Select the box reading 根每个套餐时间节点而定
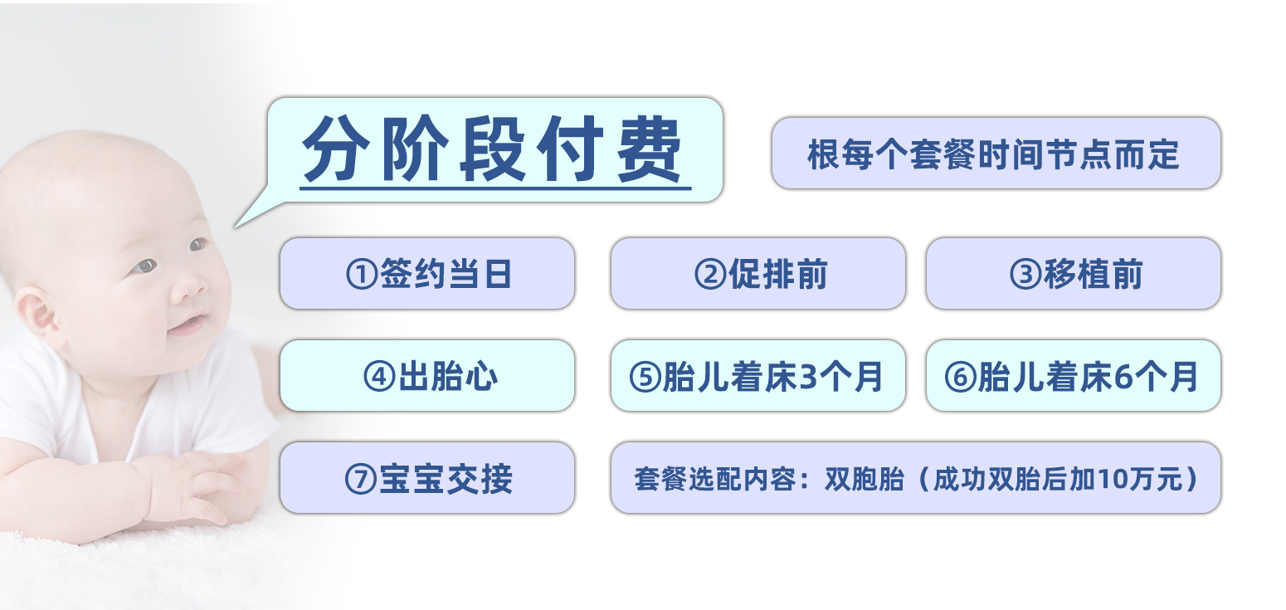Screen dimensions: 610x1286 (x=996, y=154)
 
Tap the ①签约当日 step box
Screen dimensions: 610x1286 (x=427, y=274)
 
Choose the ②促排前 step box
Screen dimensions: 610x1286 (x=757, y=274)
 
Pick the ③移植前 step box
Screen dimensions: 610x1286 (x=1073, y=274)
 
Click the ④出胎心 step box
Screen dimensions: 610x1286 (x=427, y=376)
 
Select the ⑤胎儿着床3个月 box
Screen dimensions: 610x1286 (x=757, y=376)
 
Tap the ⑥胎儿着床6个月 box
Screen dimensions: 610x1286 (x=1073, y=376)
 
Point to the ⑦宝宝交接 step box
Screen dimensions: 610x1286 (x=427, y=478)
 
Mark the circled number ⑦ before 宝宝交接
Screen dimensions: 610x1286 (x=362, y=479)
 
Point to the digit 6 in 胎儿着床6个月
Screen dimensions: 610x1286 (x=1123, y=377)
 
